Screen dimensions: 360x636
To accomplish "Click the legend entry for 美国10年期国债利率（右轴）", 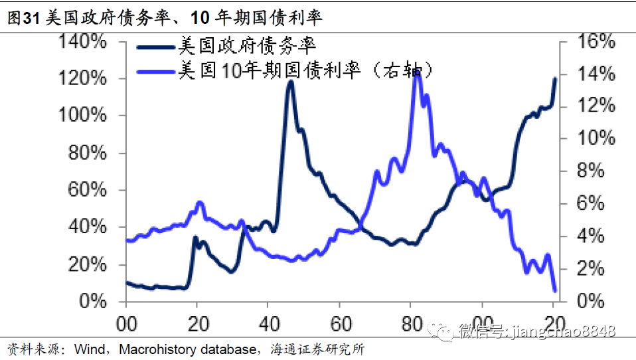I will click(x=305, y=69).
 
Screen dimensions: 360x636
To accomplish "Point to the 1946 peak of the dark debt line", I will click(x=290, y=82).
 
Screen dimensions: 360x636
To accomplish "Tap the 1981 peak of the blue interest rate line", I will click(x=416, y=75).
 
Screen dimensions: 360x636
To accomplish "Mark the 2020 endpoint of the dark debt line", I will click(x=555, y=79).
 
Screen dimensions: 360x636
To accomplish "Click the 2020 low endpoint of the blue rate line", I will click(x=555, y=290).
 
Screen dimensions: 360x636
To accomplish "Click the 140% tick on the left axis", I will click(x=83, y=41).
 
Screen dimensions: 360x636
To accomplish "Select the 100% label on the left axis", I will click(x=83, y=116).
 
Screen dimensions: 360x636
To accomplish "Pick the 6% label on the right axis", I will click(x=591, y=203).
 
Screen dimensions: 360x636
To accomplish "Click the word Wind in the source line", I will click(x=89, y=348).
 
